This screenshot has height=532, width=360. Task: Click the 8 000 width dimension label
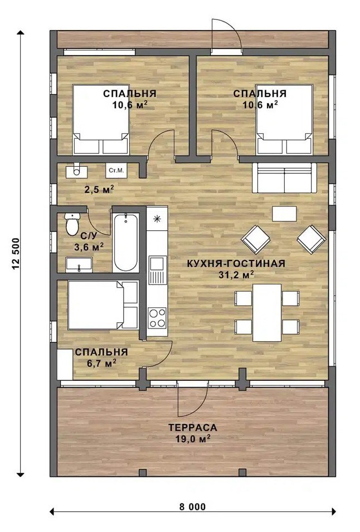point(193,507)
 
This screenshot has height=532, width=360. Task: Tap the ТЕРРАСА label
point(193,428)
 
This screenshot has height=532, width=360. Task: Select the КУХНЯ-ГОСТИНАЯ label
point(236,264)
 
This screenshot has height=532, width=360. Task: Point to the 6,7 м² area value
point(101,364)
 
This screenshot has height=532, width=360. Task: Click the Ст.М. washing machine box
point(116,171)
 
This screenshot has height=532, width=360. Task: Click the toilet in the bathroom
point(72,224)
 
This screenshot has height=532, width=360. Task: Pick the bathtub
point(126,242)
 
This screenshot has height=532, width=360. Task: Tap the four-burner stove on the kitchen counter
point(157,318)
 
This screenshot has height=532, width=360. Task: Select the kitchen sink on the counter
point(157,270)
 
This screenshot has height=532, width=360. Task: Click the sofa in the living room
point(284,177)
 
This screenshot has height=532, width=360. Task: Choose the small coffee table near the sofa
point(284,214)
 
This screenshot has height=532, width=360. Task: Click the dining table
point(267,312)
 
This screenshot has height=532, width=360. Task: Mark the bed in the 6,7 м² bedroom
point(103,305)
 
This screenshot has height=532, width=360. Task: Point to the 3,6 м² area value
point(89,246)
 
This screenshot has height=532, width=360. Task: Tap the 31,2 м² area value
point(236,275)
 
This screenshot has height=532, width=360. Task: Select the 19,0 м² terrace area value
point(193,439)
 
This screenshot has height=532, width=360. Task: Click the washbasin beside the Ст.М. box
point(76,171)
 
